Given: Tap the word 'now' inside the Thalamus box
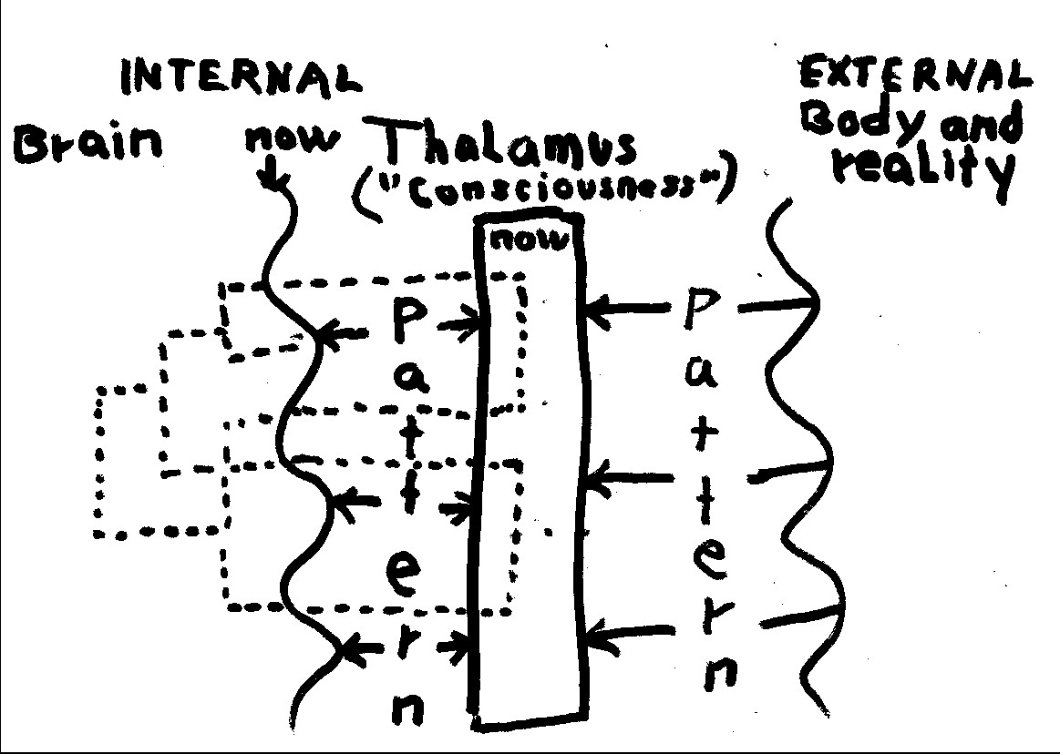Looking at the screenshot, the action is (x=528, y=240).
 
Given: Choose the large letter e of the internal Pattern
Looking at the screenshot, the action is (x=401, y=572).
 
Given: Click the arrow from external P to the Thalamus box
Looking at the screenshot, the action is (x=629, y=311).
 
